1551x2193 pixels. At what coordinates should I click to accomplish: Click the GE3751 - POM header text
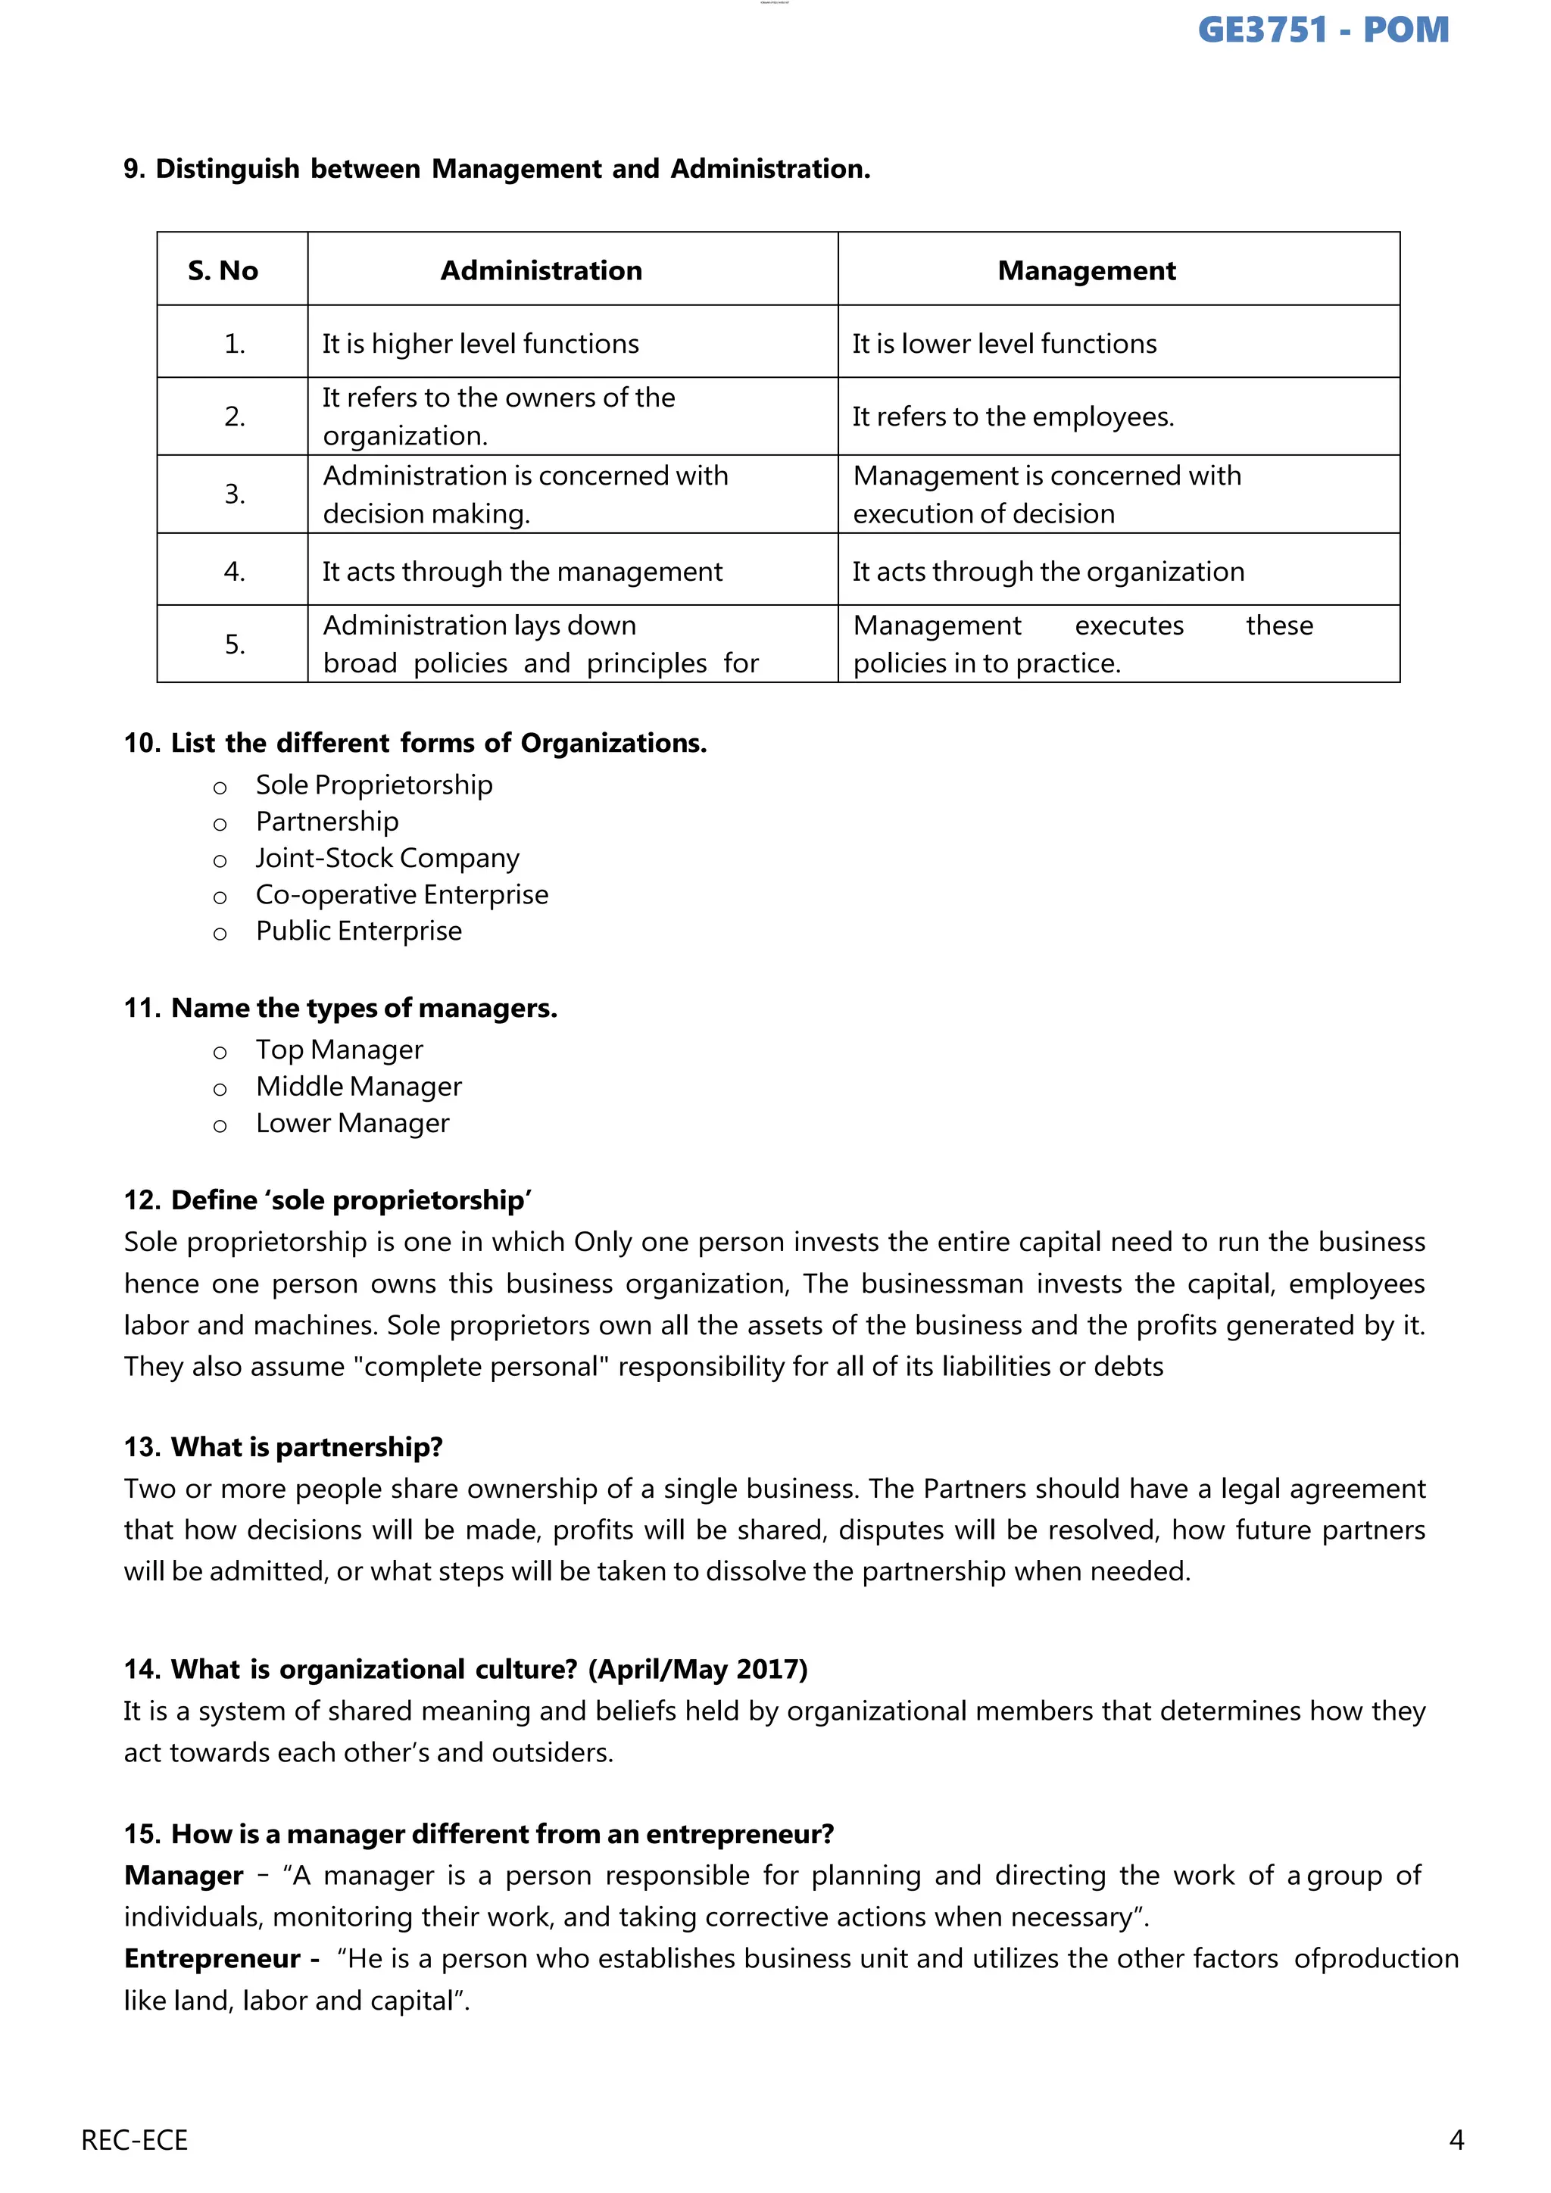pyautogui.click(x=1323, y=30)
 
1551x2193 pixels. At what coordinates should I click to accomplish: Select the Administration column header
pyautogui.click(x=541, y=270)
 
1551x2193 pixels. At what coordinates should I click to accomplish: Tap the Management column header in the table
pyautogui.click(x=1086, y=270)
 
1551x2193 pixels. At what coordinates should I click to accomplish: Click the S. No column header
pyautogui.click(x=223, y=270)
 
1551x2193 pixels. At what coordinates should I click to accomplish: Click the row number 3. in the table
pyautogui.click(x=234, y=494)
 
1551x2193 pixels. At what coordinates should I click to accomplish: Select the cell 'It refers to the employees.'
pyautogui.click(x=1013, y=416)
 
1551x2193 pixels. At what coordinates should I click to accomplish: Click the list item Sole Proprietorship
pyautogui.click(x=373, y=785)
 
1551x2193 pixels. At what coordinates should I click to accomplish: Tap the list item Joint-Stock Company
pyautogui.click(x=387, y=858)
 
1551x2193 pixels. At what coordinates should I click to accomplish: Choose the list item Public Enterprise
pyautogui.click(x=358, y=931)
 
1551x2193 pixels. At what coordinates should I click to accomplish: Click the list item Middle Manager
pyautogui.click(x=358, y=1087)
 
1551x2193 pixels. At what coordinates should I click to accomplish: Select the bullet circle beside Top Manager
pyautogui.click(x=220, y=1053)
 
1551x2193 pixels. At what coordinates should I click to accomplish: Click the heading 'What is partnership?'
pyautogui.click(x=307, y=1447)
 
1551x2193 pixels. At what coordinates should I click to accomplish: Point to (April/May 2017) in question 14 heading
pyautogui.click(x=697, y=1670)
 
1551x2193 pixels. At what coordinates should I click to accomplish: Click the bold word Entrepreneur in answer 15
pyautogui.click(x=212, y=1959)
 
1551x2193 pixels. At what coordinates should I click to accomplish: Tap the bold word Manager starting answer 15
pyautogui.click(x=183, y=1876)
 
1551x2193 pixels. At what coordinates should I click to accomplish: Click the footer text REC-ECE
pyautogui.click(x=135, y=2141)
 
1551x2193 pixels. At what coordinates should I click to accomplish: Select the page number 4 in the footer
pyautogui.click(x=1456, y=2141)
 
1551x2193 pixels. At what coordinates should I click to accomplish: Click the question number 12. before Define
pyautogui.click(x=142, y=1200)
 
